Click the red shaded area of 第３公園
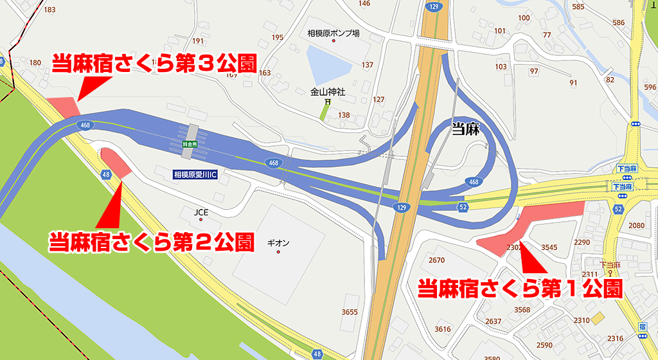64,107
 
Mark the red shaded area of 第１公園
533,222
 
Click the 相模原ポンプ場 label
333,33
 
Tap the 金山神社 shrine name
328,92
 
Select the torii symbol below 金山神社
328,102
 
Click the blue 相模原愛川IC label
196,174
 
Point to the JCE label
202,212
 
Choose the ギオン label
278,243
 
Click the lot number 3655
350,312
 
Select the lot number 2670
436,260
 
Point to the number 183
49,10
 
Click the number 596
650,87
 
